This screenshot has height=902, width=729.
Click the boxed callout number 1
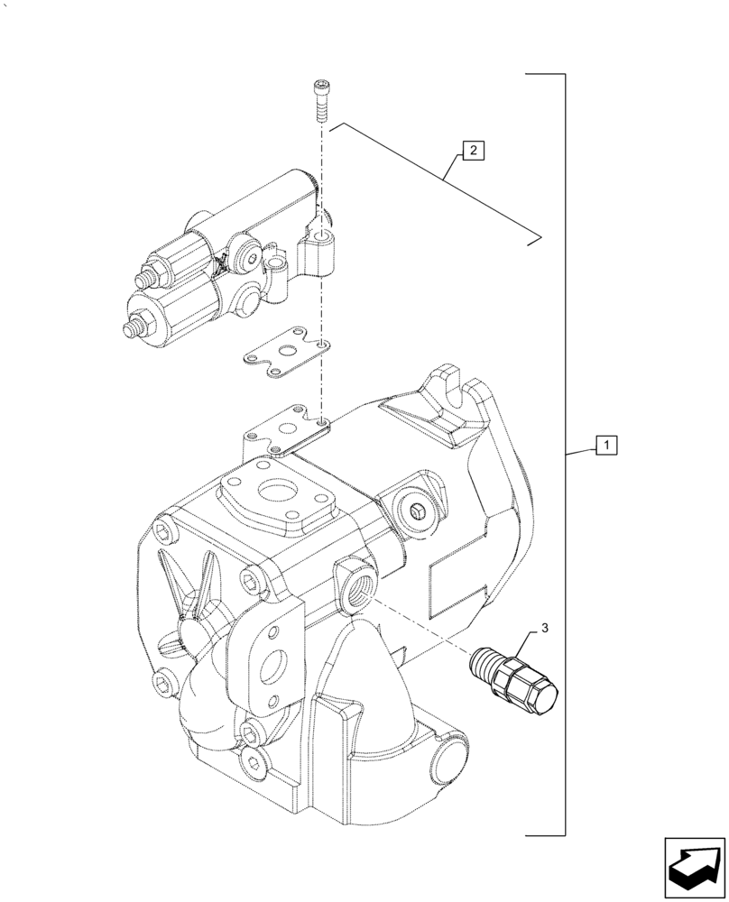click(x=606, y=445)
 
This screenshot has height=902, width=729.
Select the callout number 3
click(x=544, y=625)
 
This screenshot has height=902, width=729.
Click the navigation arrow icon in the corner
click(x=694, y=866)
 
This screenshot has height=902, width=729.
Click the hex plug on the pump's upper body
click(x=416, y=513)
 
